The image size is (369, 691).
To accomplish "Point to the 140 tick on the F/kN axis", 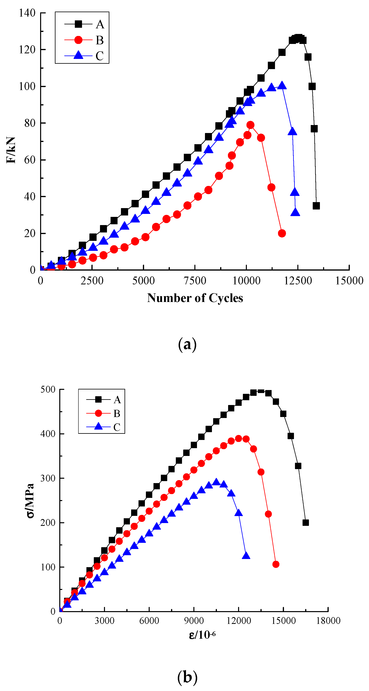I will (27, 13).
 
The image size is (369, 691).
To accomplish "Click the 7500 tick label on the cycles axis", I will (195, 281).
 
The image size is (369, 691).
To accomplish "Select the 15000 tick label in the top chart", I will (349, 281).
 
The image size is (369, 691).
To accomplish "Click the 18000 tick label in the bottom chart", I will (328, 621).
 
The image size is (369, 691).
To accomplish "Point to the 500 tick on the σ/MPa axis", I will (48, 389).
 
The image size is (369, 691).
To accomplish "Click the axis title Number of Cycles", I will (195, 298).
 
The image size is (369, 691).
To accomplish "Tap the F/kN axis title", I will (11, 150).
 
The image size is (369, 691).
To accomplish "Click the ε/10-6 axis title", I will (202, 635).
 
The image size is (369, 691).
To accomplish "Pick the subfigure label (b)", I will (187, 677).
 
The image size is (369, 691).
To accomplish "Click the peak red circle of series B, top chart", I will (250, 125).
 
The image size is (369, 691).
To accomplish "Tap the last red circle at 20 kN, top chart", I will (282, 233).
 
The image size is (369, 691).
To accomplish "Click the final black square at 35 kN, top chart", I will (316, 206).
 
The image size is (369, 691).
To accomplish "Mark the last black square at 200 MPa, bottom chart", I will (306, 522).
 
